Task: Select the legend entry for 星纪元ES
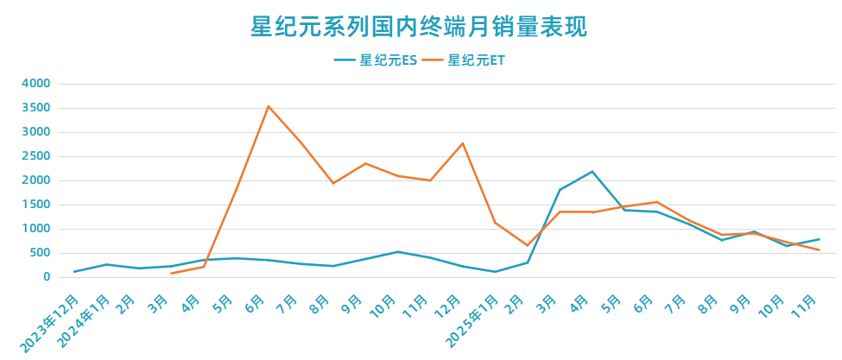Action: (x=377, y=60)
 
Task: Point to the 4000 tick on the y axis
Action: (x=37, y=84)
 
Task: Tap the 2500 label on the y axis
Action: (x=37, y=156)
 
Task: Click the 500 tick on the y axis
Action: (x=41, y=253)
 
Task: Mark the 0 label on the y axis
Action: (x=47, y=277)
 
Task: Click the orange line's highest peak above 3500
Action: (x=269, y=106)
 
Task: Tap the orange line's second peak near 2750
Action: (x=463, y=143)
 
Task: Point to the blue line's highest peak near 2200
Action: (x=592, y=171)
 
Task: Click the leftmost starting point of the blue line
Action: (x=74, y=272)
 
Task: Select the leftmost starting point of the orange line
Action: (x=171, y=274)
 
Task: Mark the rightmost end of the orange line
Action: (x=819, y=249)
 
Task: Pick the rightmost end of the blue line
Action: (x=819, y=239)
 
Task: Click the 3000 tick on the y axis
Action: (x=37, y=132)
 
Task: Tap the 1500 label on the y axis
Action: (x=37, y=205)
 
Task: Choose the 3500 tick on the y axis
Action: (x=37, y=108)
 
